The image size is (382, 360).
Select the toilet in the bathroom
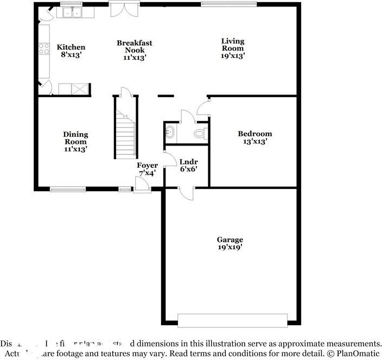tap(200, 133)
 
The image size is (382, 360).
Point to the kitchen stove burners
tap(43, 49)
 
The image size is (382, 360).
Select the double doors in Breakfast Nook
tap(120, 9)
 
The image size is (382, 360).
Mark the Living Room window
tap(228, 5)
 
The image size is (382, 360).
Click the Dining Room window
tap(68, 190)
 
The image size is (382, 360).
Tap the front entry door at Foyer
tap(142, 185)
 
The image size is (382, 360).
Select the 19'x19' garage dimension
tap(230, 247)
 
